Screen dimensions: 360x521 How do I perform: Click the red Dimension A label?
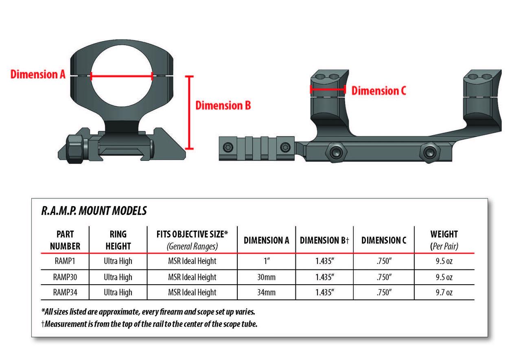38,75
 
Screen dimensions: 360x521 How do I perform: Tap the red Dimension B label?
223,105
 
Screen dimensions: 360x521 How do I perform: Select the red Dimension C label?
379,90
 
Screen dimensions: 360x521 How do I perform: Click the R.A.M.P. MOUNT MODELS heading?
94,211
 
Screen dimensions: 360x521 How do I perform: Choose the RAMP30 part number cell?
65,277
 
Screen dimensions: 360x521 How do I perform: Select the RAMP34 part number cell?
65,292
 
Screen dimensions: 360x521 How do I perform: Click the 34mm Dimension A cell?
267,292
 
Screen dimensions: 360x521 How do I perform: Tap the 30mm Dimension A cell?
267,277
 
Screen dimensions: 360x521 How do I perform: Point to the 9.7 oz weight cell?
444,292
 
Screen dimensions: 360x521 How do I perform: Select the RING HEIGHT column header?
118,240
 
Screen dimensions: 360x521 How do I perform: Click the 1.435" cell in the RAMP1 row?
324,261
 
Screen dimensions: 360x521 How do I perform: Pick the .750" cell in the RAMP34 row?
383,292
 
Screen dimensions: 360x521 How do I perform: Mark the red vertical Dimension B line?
188,112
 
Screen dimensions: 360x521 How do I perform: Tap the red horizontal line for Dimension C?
328,89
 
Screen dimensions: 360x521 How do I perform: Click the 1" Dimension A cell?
267,261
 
